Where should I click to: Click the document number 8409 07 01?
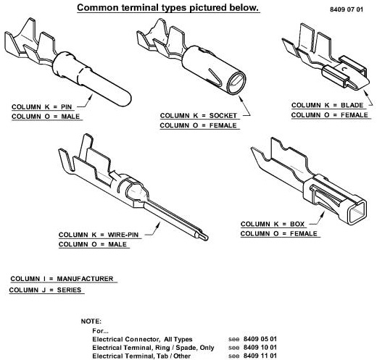tap(347, 9)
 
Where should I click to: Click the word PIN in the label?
tap(67, 106)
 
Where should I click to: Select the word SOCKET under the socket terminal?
tap(223, 116)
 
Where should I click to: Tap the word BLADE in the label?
tap(352, 105)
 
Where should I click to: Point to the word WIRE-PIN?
tap(123, 235)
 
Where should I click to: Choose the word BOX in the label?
tap(297, 224)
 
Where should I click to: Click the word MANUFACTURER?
tap(85, 279)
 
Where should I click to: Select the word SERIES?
tap(69, 290)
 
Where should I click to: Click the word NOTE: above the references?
tap(91, 322)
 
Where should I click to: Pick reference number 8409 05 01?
tap(260, 339)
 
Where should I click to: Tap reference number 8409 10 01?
tap(260, 348)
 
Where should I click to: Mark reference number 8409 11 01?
tap(260, 356)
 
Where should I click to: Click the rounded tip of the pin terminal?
tap(128, 99)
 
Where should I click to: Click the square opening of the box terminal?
tap(357, 211)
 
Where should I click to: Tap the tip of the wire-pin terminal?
tap(205, 238)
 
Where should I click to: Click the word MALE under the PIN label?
tap(70, 117)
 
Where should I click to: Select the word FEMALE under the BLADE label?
tap(355, 115)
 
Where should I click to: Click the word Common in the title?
tap(98, 7)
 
